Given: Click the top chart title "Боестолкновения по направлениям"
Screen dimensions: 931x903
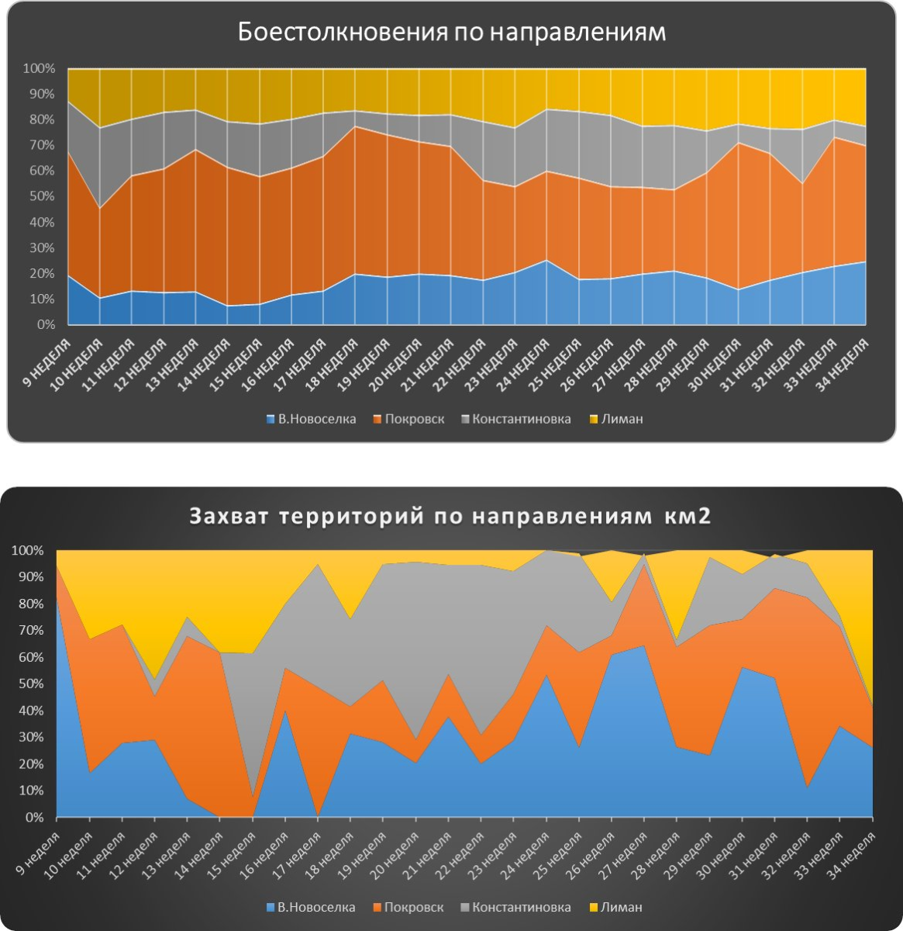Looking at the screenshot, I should pos(451,33).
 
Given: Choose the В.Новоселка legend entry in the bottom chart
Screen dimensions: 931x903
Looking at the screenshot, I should pos(310,907).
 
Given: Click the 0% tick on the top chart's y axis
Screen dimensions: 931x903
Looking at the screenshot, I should pos(45,324).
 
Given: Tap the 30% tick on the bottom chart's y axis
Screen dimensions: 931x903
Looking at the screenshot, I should pos(31,737).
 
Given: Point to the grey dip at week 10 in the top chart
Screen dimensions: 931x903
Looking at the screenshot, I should pos(100,208).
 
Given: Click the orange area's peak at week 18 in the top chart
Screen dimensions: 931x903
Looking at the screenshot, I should pos(355,126).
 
